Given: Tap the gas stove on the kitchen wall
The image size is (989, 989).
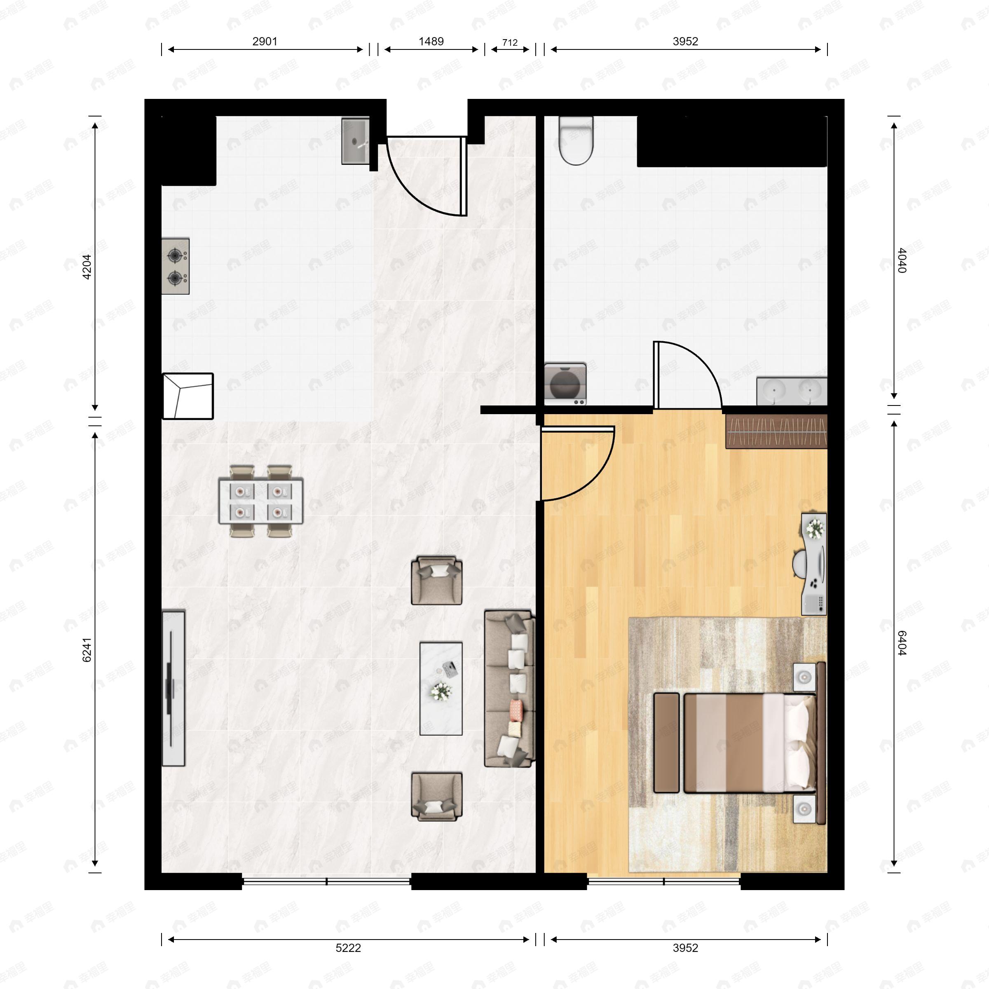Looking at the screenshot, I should pyautogui.click(x=176, y=266).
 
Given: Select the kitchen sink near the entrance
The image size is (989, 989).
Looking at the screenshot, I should pyautogui.click(x=355, y=141).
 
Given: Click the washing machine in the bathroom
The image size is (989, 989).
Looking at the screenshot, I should pyautogui.click(x=565, y=384).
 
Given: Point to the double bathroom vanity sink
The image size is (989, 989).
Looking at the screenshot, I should pyautogui.click(x=791, y=391).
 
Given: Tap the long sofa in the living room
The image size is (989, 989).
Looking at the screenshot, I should pyautogui.click(x=509, y=689).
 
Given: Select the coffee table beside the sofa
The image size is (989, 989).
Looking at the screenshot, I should pyautogui.click(x=441, y=689).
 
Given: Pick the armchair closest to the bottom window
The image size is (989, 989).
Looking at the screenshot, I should pyautogui.click(x=437, y=797).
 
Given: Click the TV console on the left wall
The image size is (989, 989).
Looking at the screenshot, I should pyautogui.click(x=173, y=688).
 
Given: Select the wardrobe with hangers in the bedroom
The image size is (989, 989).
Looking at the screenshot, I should pyautogui.click(x=776, y=431).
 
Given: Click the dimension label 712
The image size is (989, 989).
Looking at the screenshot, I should pyautogui.click(x=509, y=42).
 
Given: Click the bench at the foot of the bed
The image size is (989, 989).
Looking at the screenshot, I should pyautogui.click(x=666, y=742).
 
